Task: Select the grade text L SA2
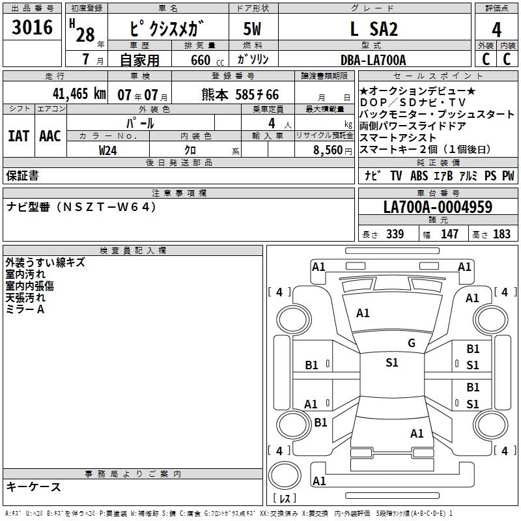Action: coord(373,30)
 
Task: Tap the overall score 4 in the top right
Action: coord(497,30)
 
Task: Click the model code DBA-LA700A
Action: coord(373,60)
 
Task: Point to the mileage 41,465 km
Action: coord(73,94)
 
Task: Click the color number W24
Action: coord(108,150)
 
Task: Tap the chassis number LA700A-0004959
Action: coord(438,207)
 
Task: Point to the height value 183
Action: coord(501,234)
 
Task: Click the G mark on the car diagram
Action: coord(411,343)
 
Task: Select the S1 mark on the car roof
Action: coord(391,363)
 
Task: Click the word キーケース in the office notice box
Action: coord(34,487)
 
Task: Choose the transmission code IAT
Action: coord(18,136)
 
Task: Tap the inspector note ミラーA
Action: coord(25,309)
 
